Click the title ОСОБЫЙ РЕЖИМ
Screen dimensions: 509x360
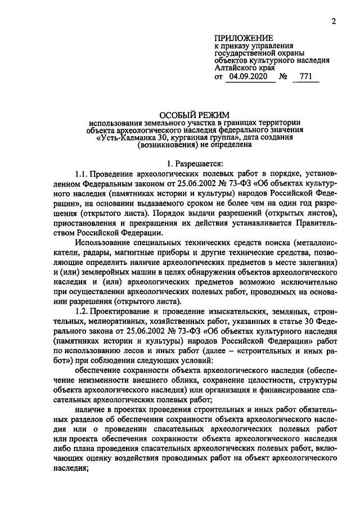coord(195,114)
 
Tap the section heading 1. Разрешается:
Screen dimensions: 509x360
coord(195,163)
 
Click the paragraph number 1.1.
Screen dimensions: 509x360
coord(82,172)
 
